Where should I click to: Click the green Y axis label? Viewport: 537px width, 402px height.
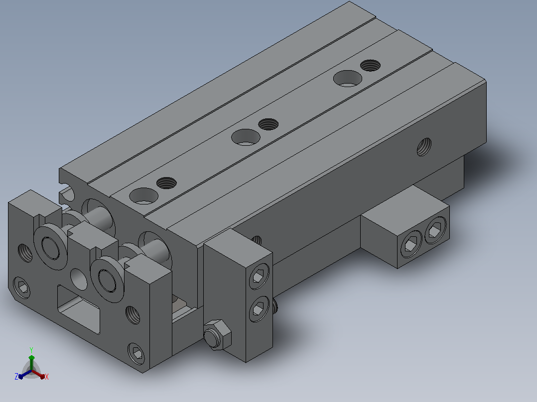(x=31, y=350)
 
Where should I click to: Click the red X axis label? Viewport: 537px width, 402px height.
(x=47, y=377)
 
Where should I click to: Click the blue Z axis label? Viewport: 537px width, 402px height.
(x=16, y=376)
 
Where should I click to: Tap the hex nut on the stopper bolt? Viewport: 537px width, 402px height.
(x=217, y=335)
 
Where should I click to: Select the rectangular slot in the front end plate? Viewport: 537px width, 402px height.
(x=79, y=309)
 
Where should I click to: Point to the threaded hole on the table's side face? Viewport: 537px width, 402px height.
(x=424, y=147)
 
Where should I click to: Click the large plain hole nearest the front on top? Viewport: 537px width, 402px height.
(x=144, y=196)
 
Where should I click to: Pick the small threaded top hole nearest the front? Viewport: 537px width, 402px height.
(x=166, y=183)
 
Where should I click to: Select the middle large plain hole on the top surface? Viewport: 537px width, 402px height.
(x=246, y=137)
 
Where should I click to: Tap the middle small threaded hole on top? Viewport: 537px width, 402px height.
(x=268, y=124)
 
